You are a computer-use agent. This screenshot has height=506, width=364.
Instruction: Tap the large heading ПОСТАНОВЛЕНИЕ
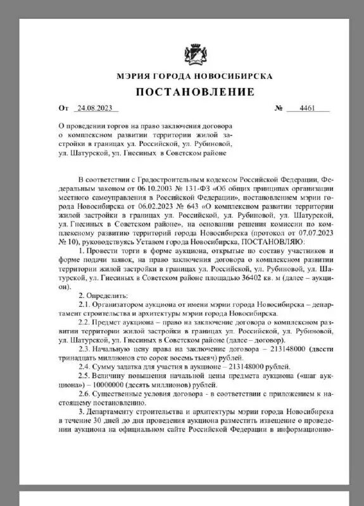pos(194,92)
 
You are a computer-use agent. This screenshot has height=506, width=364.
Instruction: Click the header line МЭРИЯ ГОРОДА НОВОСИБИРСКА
pos(194,75)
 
